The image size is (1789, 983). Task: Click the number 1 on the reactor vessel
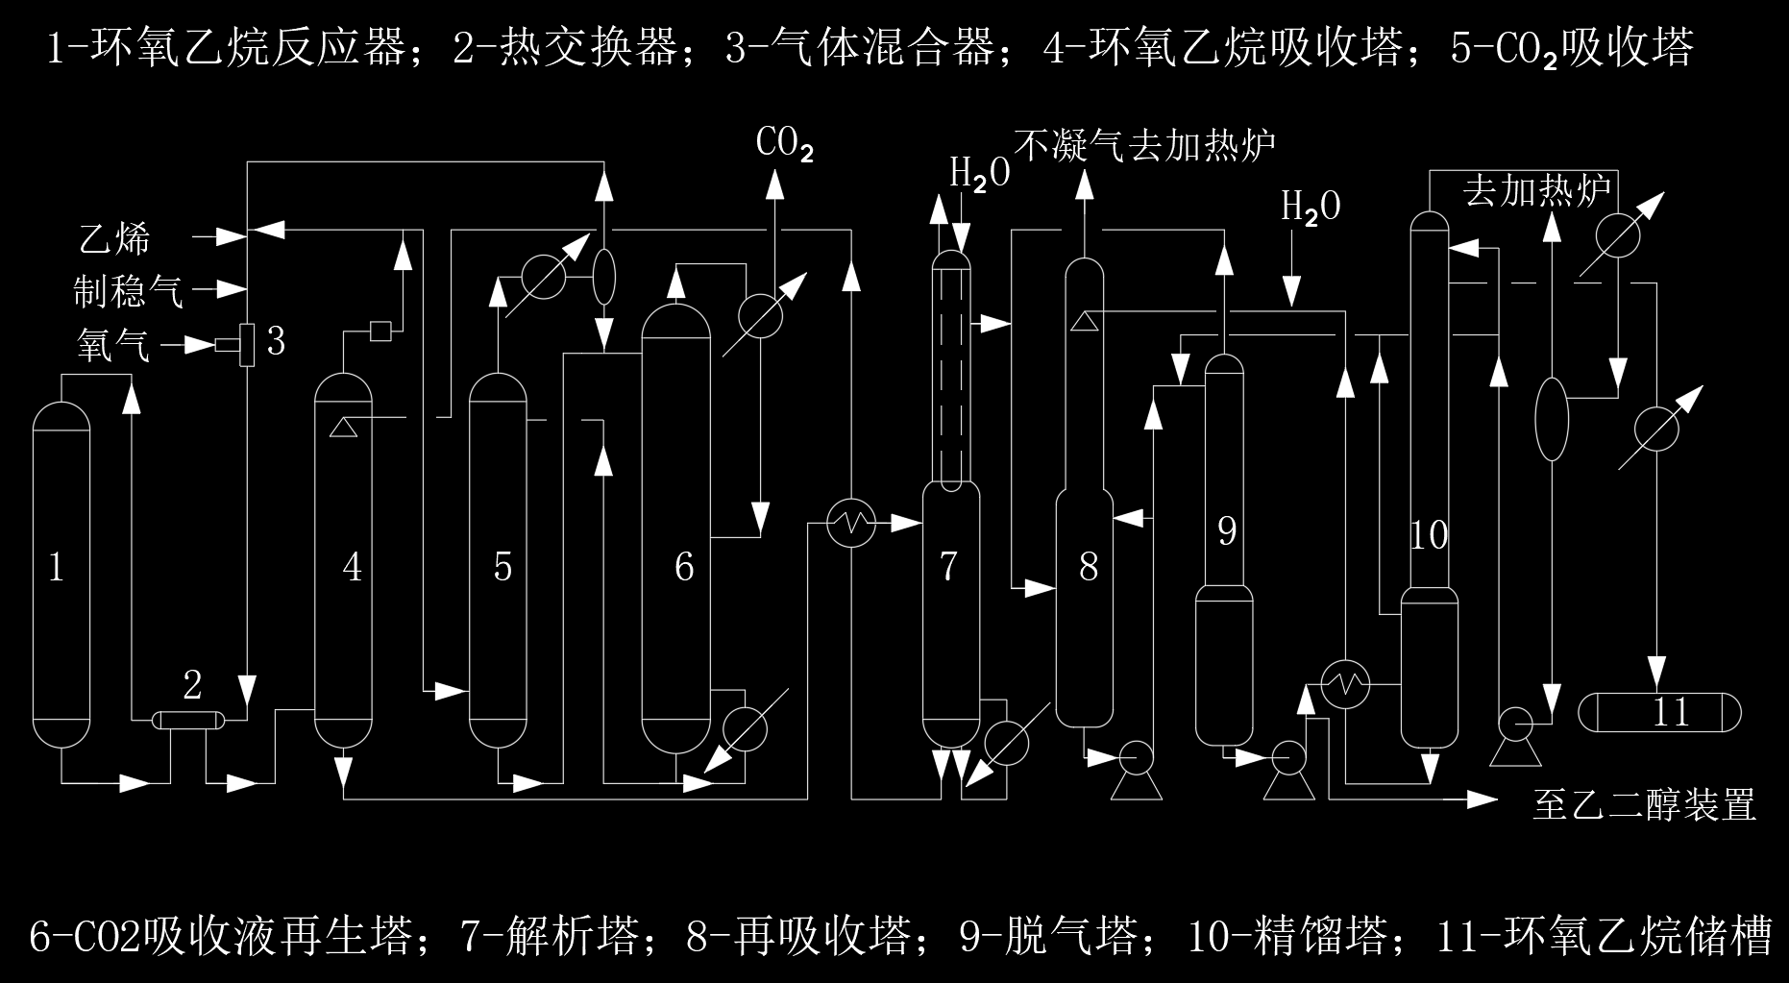click(x=57, y=567)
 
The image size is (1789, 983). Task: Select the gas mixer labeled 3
click(x=247, y=343)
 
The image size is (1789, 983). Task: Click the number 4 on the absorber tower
click(x=353, y=567)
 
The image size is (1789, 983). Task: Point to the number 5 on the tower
click(x=502, y=567)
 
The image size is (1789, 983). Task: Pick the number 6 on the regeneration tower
click(x=684, y=567)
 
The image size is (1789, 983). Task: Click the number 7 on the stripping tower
click(x=949, y=567)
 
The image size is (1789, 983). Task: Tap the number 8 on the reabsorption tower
click(x=1089, y=567)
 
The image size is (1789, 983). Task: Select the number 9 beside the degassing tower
click(x=1226, y=530)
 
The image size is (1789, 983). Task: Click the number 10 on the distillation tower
click(x=1428, y=535)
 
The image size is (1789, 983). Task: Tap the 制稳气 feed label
click(x=129, y=290)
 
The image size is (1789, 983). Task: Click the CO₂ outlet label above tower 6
click(x=784, y=146)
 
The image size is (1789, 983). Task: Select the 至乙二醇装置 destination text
click(x=1644, y=805)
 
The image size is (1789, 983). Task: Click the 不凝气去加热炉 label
click(x=1145, y=146)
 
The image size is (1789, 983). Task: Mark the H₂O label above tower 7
click(x=979, y=174)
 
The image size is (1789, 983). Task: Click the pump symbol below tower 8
click(x=1137, y=759)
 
